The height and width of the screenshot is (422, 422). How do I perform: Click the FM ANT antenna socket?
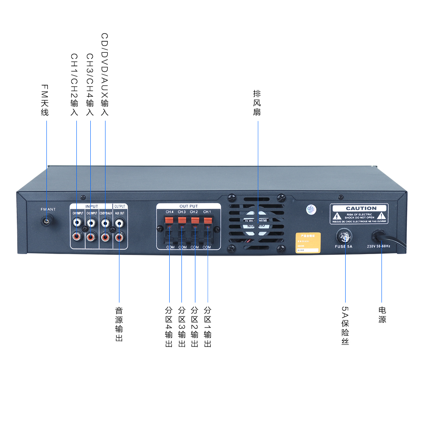pyautogui.click(x=46, y=221)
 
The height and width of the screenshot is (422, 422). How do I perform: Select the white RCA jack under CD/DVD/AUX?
pyautogui.click(x=105, y=221)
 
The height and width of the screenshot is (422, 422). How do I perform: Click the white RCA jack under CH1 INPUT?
pyautogui.click(x=77, y=221)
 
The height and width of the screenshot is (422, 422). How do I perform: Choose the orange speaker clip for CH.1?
pyautogui.click(x=208, y=220)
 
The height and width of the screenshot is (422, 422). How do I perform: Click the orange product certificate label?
pyautogui.click(x=308, y=243)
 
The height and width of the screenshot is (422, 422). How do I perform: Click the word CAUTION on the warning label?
pyautogui.click(x=361, y=208)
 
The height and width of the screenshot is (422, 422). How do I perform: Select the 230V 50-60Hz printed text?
pyautogui.click(x=379, y=246)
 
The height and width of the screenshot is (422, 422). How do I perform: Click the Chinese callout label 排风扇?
pyautogui.click(x=257, y=103)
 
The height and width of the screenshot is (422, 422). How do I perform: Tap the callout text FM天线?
pyautogui.click(x=45, y=100)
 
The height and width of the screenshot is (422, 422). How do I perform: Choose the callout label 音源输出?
pyautogui.click(x=119, y=324)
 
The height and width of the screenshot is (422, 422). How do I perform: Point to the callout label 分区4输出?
pyautogui.click(x=169, y=327)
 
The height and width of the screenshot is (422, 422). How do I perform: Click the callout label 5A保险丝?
pyautogui.click(x=345, y=326)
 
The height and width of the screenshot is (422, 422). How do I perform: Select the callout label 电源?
pyautogui.click(x=382, y=315)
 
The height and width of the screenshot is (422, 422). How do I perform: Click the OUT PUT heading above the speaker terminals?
pyautogui.click(x=188, y=206)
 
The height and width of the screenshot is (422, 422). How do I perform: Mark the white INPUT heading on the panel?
pyautogui.click(x=92, y=206)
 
